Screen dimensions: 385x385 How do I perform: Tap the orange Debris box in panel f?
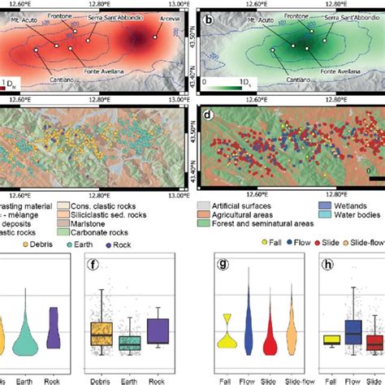point(101,335)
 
